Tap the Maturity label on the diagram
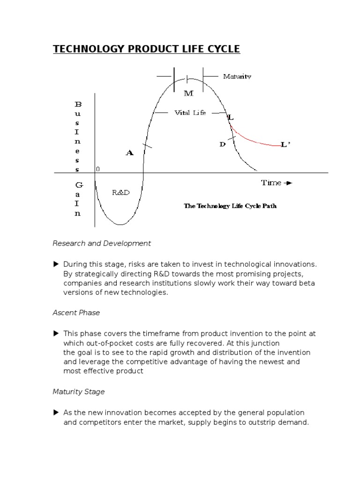237,76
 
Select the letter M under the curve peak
188,93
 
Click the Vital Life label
190,113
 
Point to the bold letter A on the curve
129,152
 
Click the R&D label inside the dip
121,192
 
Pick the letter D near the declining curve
223,144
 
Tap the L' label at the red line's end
285,145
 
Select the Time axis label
271,183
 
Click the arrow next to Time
288,183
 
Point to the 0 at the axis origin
97,169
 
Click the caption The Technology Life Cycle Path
230,205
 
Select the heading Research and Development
102,243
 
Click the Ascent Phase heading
76,313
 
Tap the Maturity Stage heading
79,391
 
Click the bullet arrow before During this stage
56,264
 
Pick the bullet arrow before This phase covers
56,334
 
